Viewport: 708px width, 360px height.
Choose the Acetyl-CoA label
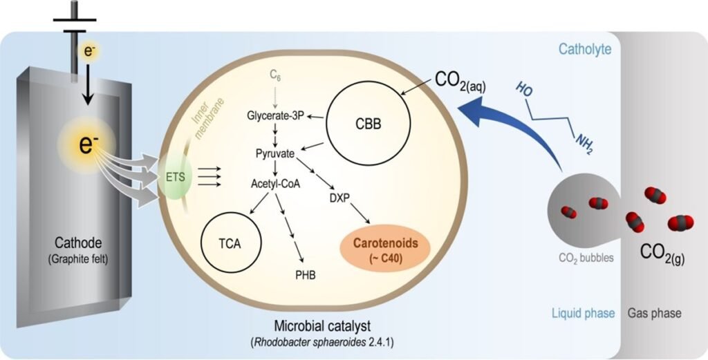click(275, 183)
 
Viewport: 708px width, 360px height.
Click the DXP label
click(340, 197)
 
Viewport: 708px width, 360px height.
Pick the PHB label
click(305, 274)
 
